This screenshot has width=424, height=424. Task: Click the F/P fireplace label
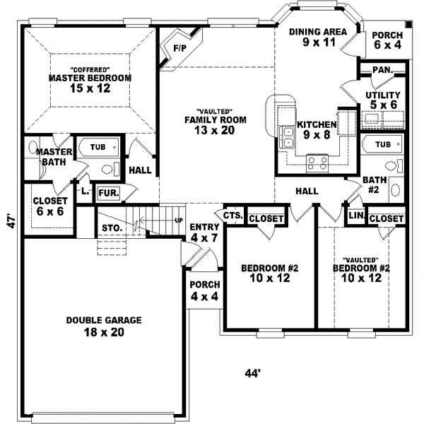(x=179, y=48)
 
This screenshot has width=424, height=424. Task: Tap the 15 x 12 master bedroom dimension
(x=90, y=88)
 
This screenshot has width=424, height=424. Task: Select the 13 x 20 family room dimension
(x=215, y=130)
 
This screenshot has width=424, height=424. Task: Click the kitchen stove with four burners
(x=317, y=164)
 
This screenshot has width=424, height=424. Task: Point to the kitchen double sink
(x=287, y=137)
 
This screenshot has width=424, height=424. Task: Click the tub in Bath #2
(x=382, y=144)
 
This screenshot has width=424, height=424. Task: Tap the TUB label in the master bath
(x=98, y=147)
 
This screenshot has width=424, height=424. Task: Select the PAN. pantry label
(x=382, y=70)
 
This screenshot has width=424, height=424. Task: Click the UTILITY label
(x=383, y=95)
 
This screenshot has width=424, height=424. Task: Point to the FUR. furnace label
(x=109, y=193)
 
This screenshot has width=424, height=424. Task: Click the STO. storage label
(x=112, y=228)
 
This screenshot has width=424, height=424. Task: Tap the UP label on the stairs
(x=179, y=220)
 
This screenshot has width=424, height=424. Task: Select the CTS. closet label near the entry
(x=232, y=216)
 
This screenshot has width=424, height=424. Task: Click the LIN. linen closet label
(x=357, y=216)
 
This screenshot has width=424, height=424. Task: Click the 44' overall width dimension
(x=252, y=373)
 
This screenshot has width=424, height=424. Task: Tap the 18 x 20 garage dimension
(x=104, y=332)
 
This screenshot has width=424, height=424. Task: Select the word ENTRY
(x=204, y=227)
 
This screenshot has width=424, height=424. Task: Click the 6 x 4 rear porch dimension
(x=387, y=45)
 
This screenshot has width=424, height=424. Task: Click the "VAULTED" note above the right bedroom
(x=360, y=260)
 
